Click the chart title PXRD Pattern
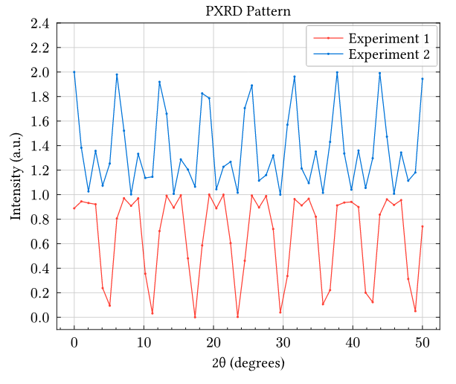[x=248, y=11]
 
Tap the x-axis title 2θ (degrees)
[x=248, y=364]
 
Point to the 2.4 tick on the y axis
[x=40, y=24]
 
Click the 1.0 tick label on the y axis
[x=40, y=195]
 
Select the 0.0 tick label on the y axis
[x=40, y=318]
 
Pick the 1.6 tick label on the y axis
[x=40, y=121]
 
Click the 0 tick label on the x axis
[x=74, y=342]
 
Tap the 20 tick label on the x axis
[x=213, y=342]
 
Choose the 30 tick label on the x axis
[x=283, y=342]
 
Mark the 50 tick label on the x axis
[x=423, y=342]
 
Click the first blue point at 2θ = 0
[x=74, y=72]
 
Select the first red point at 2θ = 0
[x=74, y=208]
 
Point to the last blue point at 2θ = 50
[x=423, y=79]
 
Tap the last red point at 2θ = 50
[x=423, y=226]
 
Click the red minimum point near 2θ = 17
[x=195, y=317]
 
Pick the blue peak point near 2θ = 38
[x=337, y=73]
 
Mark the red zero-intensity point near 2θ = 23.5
[x=238, y=317]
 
